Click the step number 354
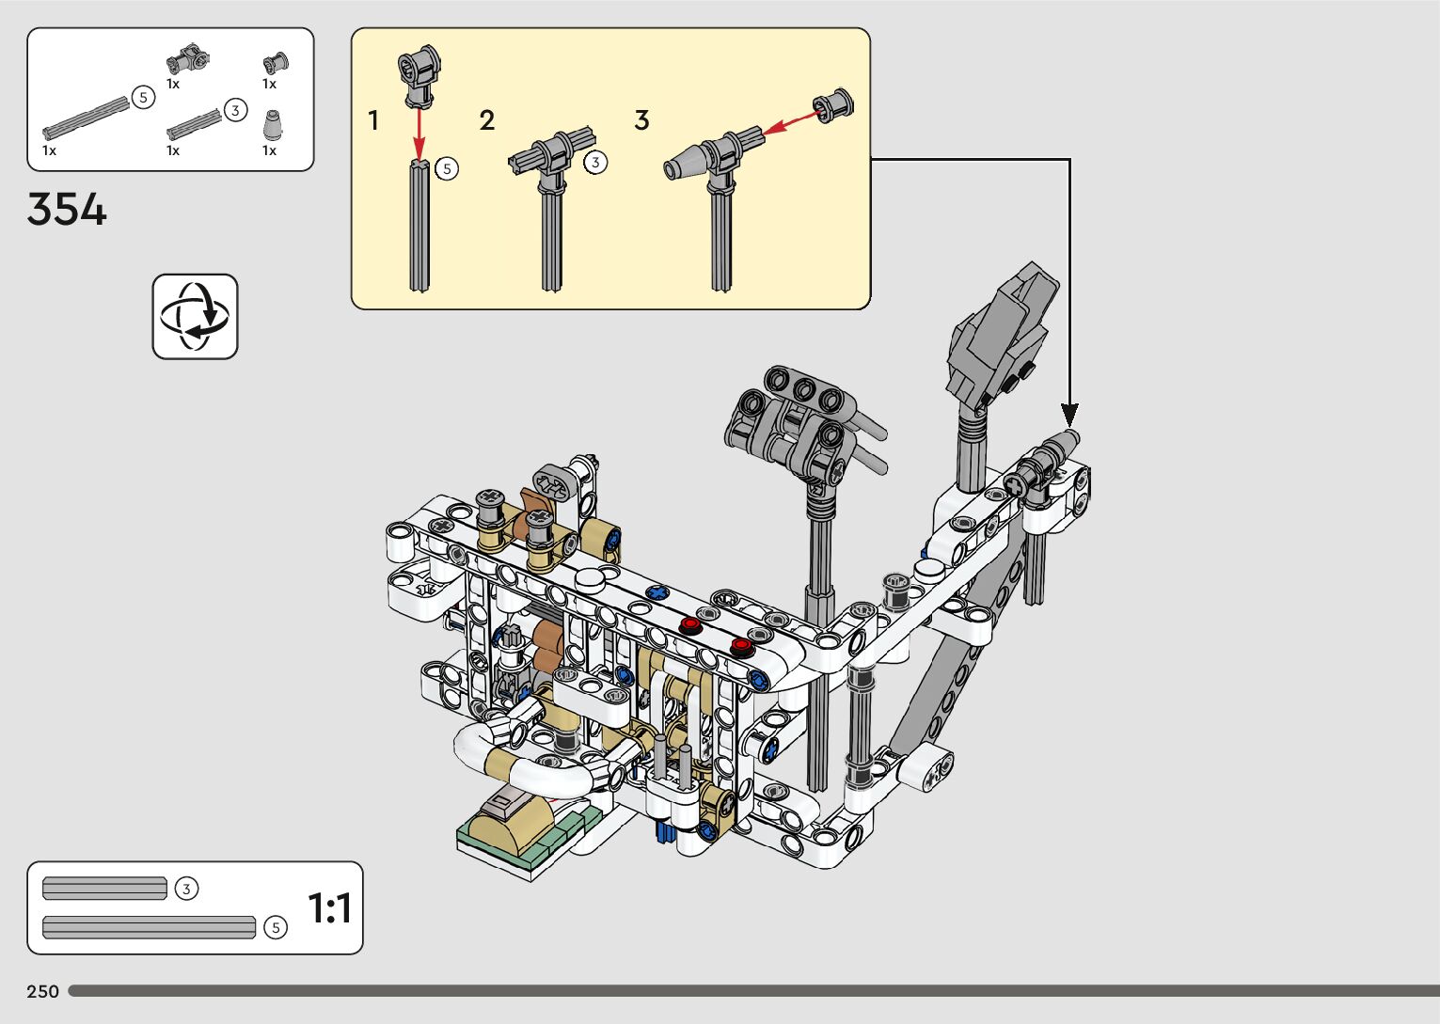[x=67, y=209]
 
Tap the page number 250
[x=42, y=991]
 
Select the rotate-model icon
[x=195, y=316]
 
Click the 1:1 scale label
[x=330, y=907]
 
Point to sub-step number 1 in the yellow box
[x=372, y=120]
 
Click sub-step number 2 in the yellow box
[x=486, y=120]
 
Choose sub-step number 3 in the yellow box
[x=641, y=120]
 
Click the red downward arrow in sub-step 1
[x=419, y=134]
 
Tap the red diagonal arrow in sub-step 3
[x=792, y=123]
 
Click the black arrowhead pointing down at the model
[x=1069, y=416]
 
